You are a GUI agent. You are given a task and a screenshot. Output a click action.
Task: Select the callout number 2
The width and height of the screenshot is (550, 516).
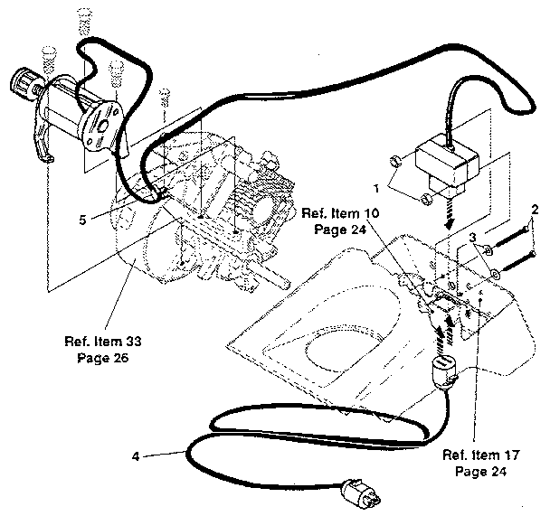click(x=535, y=211)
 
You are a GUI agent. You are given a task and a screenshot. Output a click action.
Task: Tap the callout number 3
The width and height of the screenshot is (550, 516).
click(x=471, y=237)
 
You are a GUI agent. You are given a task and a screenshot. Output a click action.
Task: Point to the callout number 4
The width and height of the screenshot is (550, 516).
click(x=135, y=456)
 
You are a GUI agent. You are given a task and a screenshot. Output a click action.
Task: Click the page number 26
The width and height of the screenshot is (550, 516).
click(x=119, y=357)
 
